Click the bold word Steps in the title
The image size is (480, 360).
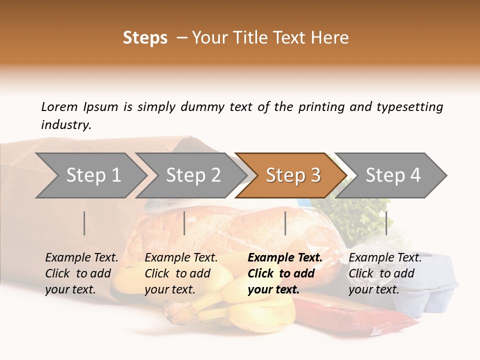[x=145, y=38]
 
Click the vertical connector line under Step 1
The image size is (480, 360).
[x=84, y=223]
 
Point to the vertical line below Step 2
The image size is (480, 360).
[x=184, y=223]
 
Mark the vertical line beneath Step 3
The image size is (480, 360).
[x=285, y=223]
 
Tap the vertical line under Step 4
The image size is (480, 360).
[x=386, y=223]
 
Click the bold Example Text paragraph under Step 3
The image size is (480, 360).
[x=285, y=273]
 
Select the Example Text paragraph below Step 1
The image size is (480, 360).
[x=81, y=273]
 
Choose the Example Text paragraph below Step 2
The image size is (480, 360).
[x=181, y=273]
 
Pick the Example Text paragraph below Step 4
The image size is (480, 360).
[x=385, y=273]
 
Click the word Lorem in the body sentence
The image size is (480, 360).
[x=59, y=107]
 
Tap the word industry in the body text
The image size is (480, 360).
[x=66, y=124]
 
